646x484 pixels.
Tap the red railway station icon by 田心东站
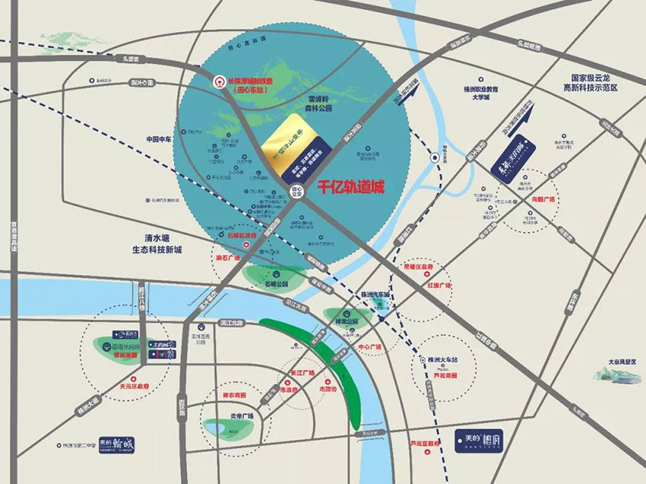217,80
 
